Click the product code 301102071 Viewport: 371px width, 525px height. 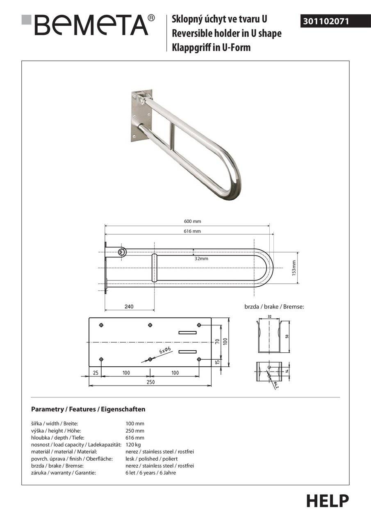tap(326, 21)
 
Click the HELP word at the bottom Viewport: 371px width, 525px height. tap(328, 501)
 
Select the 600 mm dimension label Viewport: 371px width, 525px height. tap(193, 221)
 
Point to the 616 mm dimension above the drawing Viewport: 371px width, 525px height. tap(193, 231)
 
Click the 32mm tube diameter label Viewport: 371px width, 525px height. tap(201, 258)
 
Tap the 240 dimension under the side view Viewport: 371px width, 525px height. tap(130, 306)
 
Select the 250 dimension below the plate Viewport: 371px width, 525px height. tap(150, 382)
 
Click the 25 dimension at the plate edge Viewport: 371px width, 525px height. tap(95, 373)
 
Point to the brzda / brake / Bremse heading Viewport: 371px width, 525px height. tap(274, 306)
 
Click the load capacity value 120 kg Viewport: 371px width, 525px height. tap(133, 445)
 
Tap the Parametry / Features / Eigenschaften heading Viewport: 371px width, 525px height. tap(88, 409)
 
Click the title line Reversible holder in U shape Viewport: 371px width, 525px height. tap(226, 33)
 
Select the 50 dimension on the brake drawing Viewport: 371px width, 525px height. tap(287, 336)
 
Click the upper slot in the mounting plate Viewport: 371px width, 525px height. tap(187, 332)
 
